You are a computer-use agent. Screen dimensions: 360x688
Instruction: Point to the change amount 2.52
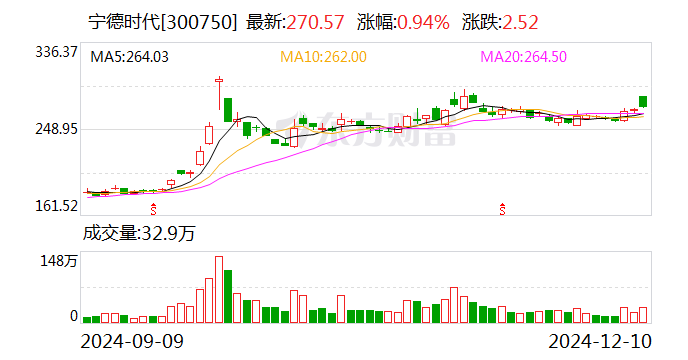[x=524, y=21]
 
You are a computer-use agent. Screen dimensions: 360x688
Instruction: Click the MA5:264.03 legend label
[x=130, y=57]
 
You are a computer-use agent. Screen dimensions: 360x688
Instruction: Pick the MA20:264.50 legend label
[x=525, y=57]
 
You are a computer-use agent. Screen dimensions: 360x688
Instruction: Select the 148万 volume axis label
[x=59, y=261]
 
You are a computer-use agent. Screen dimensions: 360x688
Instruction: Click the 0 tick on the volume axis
[x=73, y=316]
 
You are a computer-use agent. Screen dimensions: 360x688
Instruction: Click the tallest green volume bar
[x=228, y=296]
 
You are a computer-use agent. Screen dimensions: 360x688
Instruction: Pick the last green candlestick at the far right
[x=643, y=102]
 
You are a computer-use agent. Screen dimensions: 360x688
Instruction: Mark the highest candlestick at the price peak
[x=218, y=92]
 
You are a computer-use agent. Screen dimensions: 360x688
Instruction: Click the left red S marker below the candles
[x=153, y=209]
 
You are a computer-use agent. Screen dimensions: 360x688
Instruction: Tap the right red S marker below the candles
[x=501, y=209]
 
